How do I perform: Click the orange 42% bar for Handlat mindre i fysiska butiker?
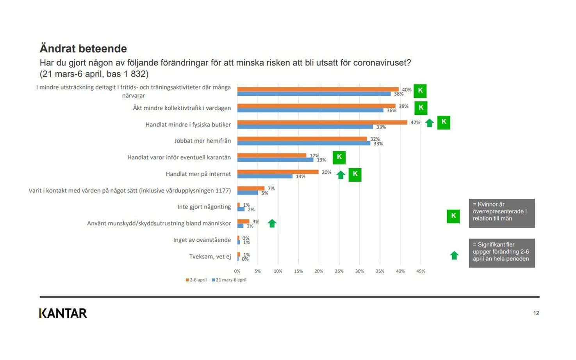tap(322, 122)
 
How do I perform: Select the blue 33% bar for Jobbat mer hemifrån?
tap(304, 143)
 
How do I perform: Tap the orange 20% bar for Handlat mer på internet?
tap(278, 172)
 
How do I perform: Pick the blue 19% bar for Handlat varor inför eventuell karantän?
tap(275, 160)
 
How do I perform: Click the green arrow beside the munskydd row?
tap(272, 223)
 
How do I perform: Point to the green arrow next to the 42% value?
tap(430, 123)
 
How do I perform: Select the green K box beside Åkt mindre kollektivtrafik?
tap(421, 108)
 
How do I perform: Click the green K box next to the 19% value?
tap(339, 157)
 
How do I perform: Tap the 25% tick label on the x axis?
tap(339, 271)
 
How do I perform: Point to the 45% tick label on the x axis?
tap(421, 271)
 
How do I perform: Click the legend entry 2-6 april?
tap(196, 280)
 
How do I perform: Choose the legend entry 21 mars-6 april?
tap(229, 280)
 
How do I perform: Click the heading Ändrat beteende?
tap(83, 48)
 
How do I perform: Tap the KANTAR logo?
tap(63, 313)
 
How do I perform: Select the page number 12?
tap(536, 313)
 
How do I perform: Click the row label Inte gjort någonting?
tap(204, 207)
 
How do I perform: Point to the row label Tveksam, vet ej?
tap(210, 257)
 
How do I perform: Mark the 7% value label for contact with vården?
tap(271, 189)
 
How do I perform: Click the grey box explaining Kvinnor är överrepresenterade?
tap(502, 213)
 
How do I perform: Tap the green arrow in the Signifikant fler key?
tap(455, 255)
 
